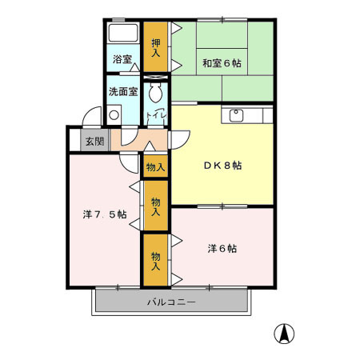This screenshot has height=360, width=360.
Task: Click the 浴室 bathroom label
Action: pos(122,59)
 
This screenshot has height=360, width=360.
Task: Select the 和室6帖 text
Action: pos(222,62)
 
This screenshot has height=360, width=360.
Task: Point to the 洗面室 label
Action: pos(123,91)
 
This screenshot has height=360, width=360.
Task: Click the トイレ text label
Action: pos(157,118)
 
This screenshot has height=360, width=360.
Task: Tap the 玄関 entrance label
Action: pos(94,142)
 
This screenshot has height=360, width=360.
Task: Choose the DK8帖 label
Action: pos(222,166)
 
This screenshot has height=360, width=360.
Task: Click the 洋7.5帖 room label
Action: pos(104,214)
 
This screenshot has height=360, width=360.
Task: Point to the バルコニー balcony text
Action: pos(170,302)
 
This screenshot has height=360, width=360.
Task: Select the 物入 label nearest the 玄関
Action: pos(155,167)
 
